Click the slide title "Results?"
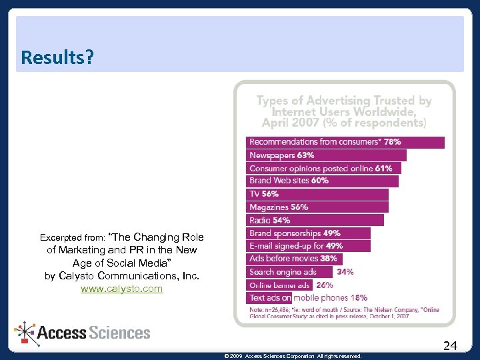pyautogui.click(x=57, y=57)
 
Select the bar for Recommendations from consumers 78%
pyautogui.click(x=345, y=142)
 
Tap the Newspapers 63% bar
pyautogui.click(x=326, y=155)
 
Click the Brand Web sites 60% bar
pyautogui.click(x=323, y=181)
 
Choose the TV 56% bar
pyautogui.click(x=317, y=194)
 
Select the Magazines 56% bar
pyautogui.click(x=317, y=207)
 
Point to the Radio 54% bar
pyautogui.click(x=315, y=220)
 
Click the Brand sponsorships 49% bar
pyautogui.click(x=309, y=233)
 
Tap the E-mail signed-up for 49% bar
pyautogui.click(x=309, y=245)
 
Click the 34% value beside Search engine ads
pyautogui.click(x=345, y=271)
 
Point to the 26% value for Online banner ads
pyautogui.click(x=325, y=285)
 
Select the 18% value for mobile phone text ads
pyautogui.click(x=359, y=297)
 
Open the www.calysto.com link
pyautogui.click(x=121, y=289)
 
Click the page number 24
pyautogui.click(x=450, y=345)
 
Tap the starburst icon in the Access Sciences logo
pyautogui.click(x=25, y=333)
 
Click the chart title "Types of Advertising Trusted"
pyautogui.click(x=344, y=101)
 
